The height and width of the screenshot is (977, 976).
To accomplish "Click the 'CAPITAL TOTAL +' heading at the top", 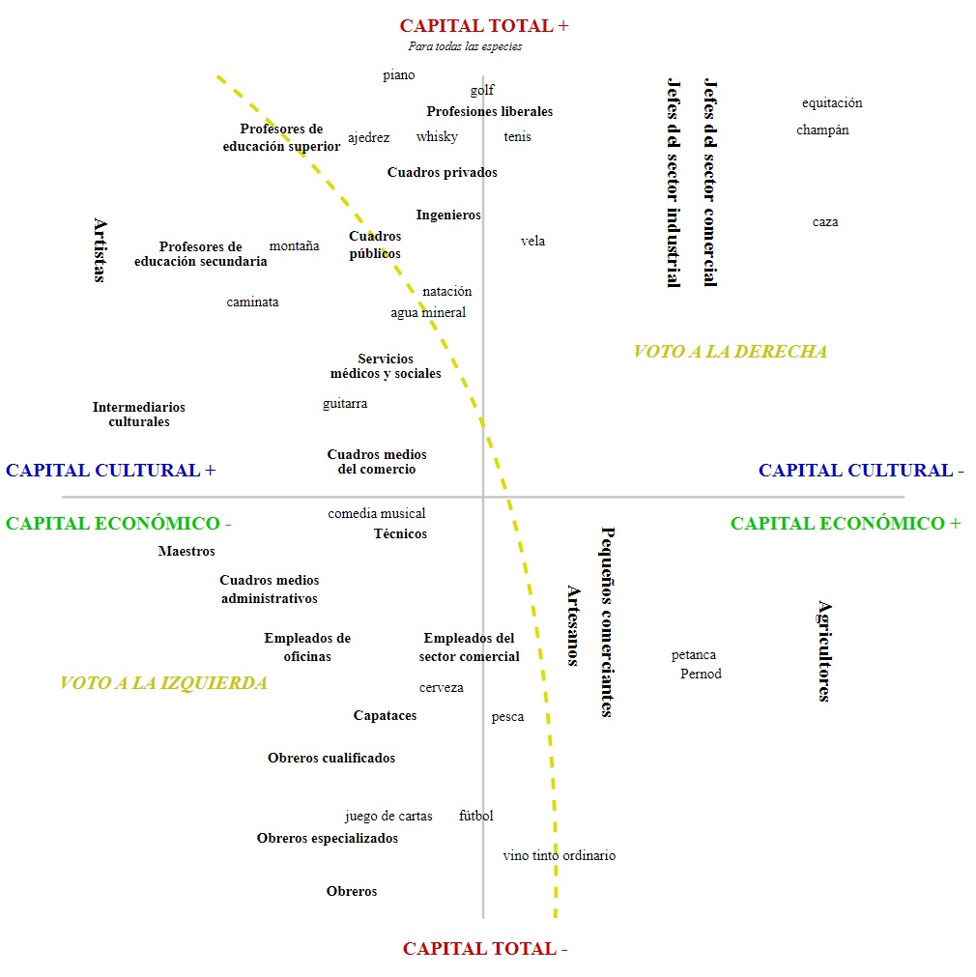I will point(484,26).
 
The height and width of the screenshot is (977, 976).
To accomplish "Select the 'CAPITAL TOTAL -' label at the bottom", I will point(485,949).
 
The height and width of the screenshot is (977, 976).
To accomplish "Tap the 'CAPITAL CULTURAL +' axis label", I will point(111,471).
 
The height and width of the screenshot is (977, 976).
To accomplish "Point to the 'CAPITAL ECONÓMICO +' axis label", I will point(846,524).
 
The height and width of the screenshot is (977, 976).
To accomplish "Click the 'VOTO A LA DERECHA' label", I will point(731,352).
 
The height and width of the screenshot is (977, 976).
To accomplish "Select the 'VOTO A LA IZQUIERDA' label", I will point(163,683).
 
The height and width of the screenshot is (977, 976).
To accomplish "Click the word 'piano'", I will point(399,75).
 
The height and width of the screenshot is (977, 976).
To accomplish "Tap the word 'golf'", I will point(482,91).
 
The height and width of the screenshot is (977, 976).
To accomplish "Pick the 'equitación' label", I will point(832,103).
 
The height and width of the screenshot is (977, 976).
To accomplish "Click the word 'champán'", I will point(823,130).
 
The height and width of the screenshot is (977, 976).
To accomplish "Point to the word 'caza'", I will point(825,222).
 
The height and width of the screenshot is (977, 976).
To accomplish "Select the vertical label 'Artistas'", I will point(100,250).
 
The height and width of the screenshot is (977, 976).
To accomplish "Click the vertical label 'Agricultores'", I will point(824,650).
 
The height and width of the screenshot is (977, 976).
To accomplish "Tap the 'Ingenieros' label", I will point(448,216).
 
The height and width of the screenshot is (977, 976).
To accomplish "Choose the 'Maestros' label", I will point(187,552).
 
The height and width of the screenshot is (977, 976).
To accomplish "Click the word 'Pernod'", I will point(701,675).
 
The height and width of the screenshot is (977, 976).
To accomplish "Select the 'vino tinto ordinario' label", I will point(560,856).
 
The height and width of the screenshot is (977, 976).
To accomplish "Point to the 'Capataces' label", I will point(386,716).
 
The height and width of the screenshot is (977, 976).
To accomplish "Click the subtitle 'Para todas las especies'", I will point(465,46).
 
